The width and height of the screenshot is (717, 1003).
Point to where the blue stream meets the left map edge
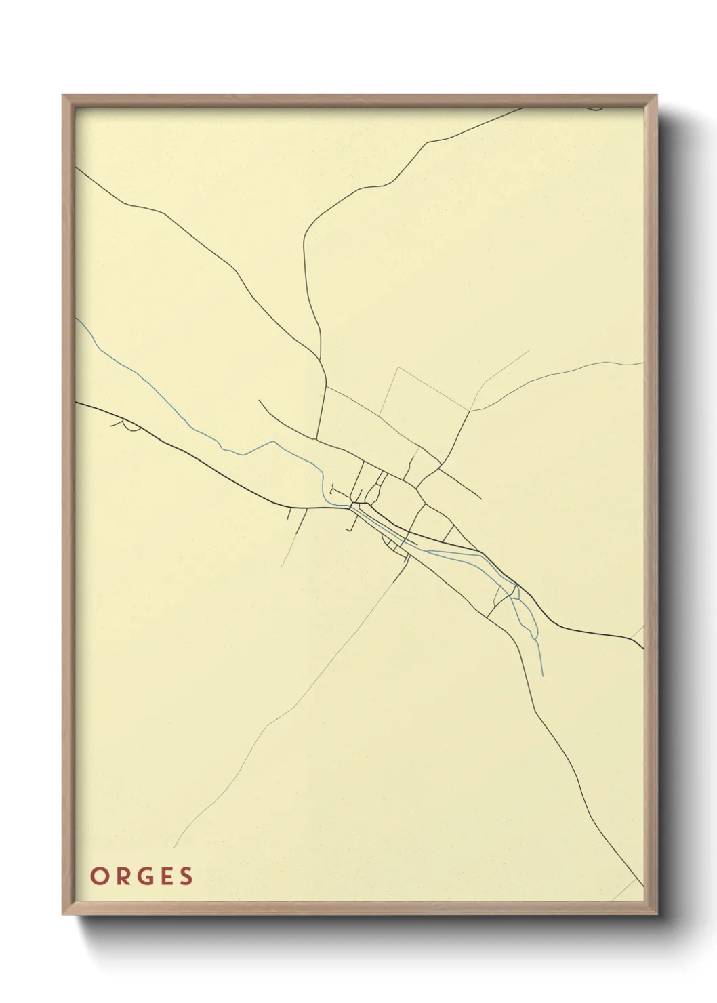pyautogui.click(x=76, y=318)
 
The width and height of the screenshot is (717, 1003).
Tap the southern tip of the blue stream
pyautogui.click(x=544, y=675)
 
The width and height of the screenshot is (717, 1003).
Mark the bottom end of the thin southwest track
pyautogui.click(x=174, y=847)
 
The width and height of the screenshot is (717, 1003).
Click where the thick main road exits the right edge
pyautogui.click(x=642, y=647)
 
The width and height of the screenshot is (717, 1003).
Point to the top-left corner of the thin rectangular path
pyautogui.click(x=397, y=368)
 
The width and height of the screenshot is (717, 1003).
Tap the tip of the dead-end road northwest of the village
pyautogui.click(x=259, y=400)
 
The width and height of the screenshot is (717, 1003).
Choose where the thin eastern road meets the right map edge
pyautogui.click(x=642, y=363)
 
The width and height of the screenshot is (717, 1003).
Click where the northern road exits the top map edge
pyautogui.click(x=526, y=107)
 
